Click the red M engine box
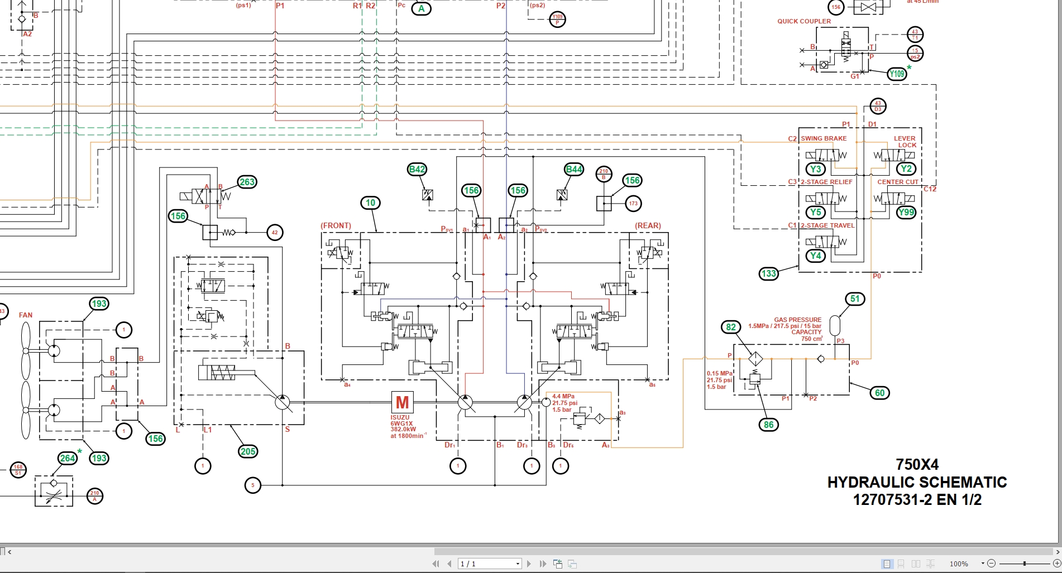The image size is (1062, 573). click(402, 402)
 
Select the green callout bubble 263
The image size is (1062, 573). click(247, 182)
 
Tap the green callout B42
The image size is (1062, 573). click(417, 170)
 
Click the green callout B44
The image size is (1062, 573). click(574, 170)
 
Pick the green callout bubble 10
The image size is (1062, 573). click(371, 203)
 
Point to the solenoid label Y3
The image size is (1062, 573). click(816, 169)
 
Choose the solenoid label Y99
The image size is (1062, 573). click(906, 213)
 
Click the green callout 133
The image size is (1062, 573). click(769, 273)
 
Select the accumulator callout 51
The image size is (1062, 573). click(855, 299)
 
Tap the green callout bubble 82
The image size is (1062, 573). click(731, 328)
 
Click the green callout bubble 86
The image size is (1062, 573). click(769, 425)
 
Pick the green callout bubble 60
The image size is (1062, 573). click(880, 393)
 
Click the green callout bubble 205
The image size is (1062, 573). click(248, 451)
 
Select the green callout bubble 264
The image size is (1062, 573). click(68, 458)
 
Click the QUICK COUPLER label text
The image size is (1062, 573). click(804, 21)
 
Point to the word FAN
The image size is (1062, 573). click(26, 315)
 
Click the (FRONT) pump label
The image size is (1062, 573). click(336, 226)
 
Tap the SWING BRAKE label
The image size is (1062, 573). click(824, 138)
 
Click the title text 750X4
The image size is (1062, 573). click(917, 465)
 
